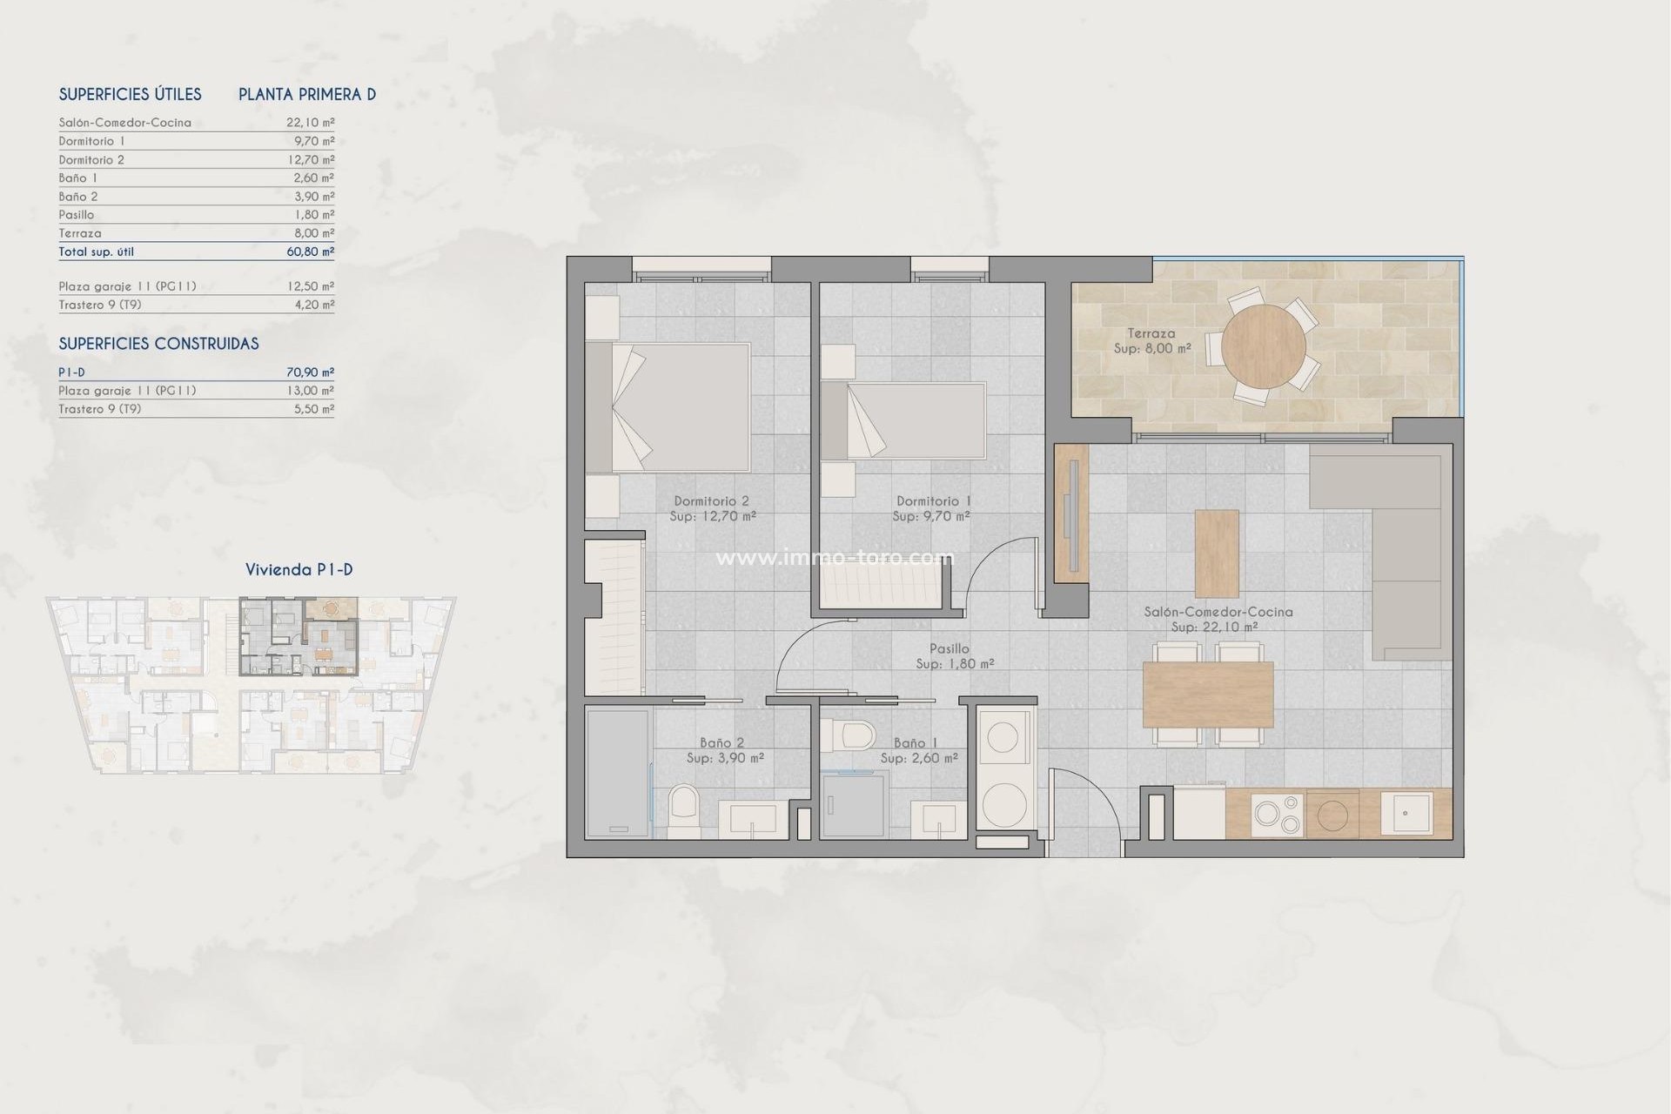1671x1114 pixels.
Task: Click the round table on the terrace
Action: point(1263,346)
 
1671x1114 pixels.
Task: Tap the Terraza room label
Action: point(1151,333)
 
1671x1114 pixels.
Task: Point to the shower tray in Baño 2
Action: point(618,773)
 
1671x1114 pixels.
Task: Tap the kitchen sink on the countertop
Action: point(1406,814)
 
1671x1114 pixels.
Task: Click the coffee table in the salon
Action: point(1217,554)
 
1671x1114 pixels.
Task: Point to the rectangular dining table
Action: point(1208,694)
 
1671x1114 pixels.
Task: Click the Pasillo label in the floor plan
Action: point(949,648)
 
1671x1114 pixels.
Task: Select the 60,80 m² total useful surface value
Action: point(310,252)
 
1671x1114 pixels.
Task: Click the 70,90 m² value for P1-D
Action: point(310,372)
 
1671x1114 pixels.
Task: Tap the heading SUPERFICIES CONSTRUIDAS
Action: point(158,344)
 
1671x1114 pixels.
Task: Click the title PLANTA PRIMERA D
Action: point(307,94)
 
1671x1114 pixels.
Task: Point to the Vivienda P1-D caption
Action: point(299,570)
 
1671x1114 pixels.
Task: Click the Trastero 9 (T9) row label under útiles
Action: point(100,305)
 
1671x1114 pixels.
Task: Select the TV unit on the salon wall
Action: point(1071,513)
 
